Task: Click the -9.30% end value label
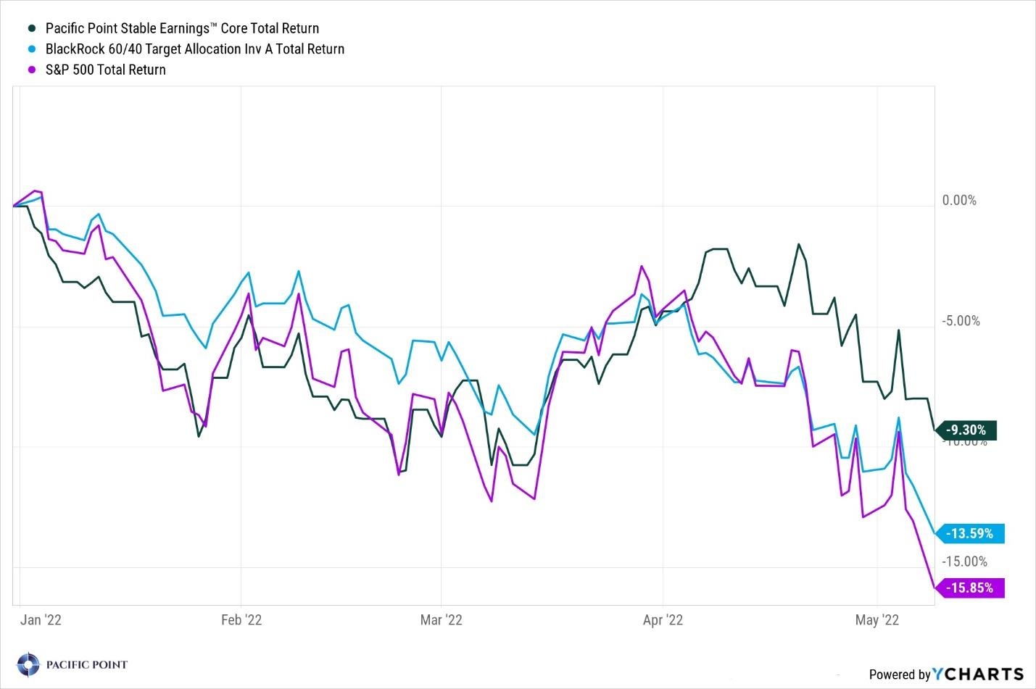tap(967, 430)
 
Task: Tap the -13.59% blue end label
tap(971, 534)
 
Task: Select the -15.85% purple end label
tap(971, 588)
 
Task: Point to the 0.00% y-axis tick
tap(959, 201)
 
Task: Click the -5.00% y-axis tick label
tap(961, 321)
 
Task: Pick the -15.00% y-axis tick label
tap(964, 561)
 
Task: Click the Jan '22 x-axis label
tap(41, 619)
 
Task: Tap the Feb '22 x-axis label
tap(241, 619)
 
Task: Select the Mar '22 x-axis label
tap(441, 619)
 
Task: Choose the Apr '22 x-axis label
tap(663, 619)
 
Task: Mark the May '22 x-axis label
tap(877, 619)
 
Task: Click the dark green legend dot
tap(32, 28)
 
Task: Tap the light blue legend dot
tap(32, 49)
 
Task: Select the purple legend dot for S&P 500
tap(32, 70)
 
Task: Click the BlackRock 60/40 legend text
tap(194, 49)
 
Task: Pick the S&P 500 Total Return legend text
tap(106, 70)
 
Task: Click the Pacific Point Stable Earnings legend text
tap(182, 28)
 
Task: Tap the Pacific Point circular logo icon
tap(28, 664)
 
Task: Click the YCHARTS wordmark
tap(978, 675)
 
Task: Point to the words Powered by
tap(899, 675)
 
